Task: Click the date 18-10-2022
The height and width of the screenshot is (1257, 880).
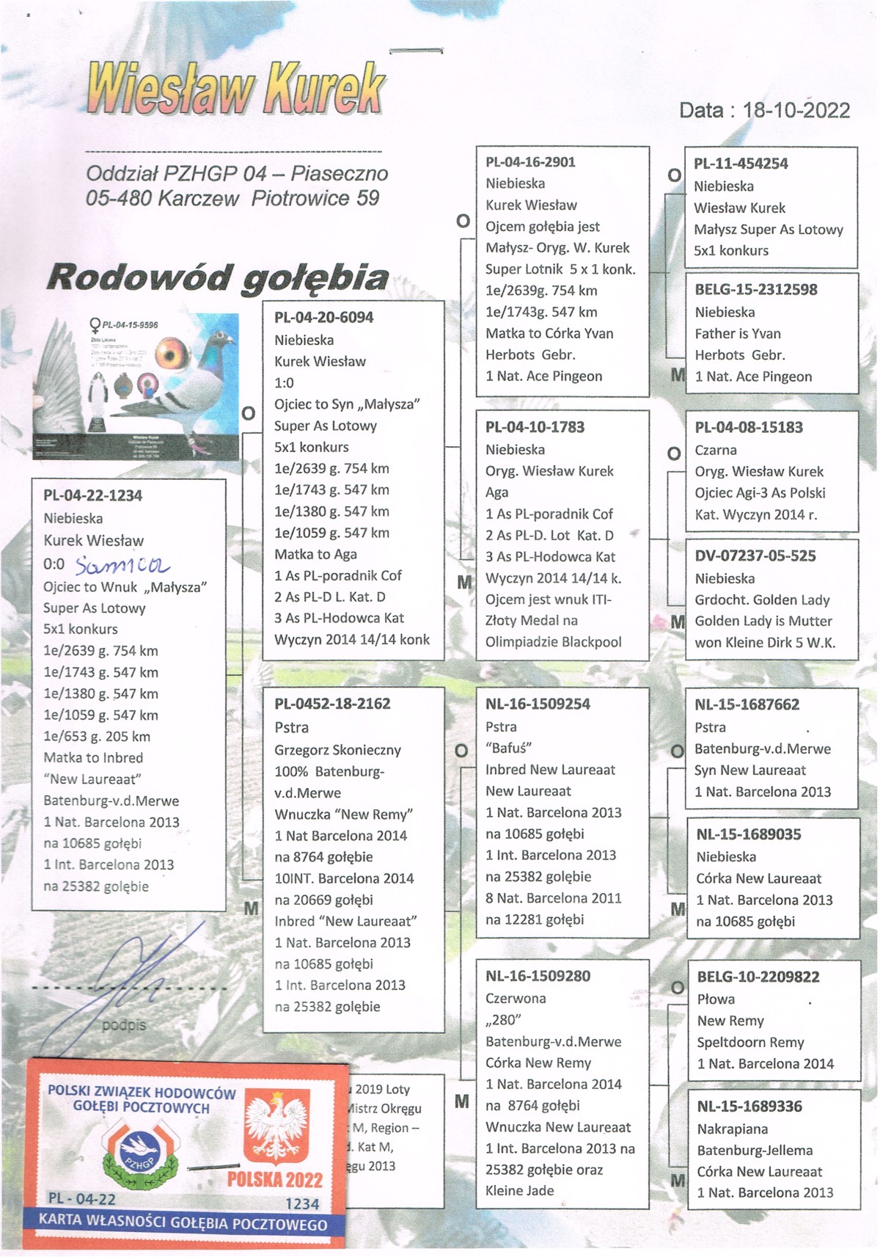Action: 796,111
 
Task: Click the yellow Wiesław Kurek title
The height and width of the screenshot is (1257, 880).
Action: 235,89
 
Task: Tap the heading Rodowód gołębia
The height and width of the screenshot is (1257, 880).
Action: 218,278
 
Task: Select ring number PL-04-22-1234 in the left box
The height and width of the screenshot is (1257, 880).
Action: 92,495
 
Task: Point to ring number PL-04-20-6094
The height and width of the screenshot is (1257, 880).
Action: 323,318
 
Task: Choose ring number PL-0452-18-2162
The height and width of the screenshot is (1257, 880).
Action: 332,704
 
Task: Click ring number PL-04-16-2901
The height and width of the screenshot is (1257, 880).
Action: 530,162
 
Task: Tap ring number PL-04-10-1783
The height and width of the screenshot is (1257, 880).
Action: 535,427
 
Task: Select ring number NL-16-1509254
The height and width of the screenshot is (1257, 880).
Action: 538,704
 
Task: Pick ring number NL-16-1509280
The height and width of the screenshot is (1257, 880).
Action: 538,976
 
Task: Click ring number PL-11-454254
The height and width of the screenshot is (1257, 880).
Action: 741,164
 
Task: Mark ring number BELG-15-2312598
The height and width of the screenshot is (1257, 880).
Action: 756,289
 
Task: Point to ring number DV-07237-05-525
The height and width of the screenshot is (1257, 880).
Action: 755,555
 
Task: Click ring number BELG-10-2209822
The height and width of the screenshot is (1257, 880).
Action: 758,977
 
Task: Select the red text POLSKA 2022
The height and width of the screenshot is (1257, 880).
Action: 274,1179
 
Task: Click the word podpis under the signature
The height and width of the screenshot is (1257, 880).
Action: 124,1024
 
